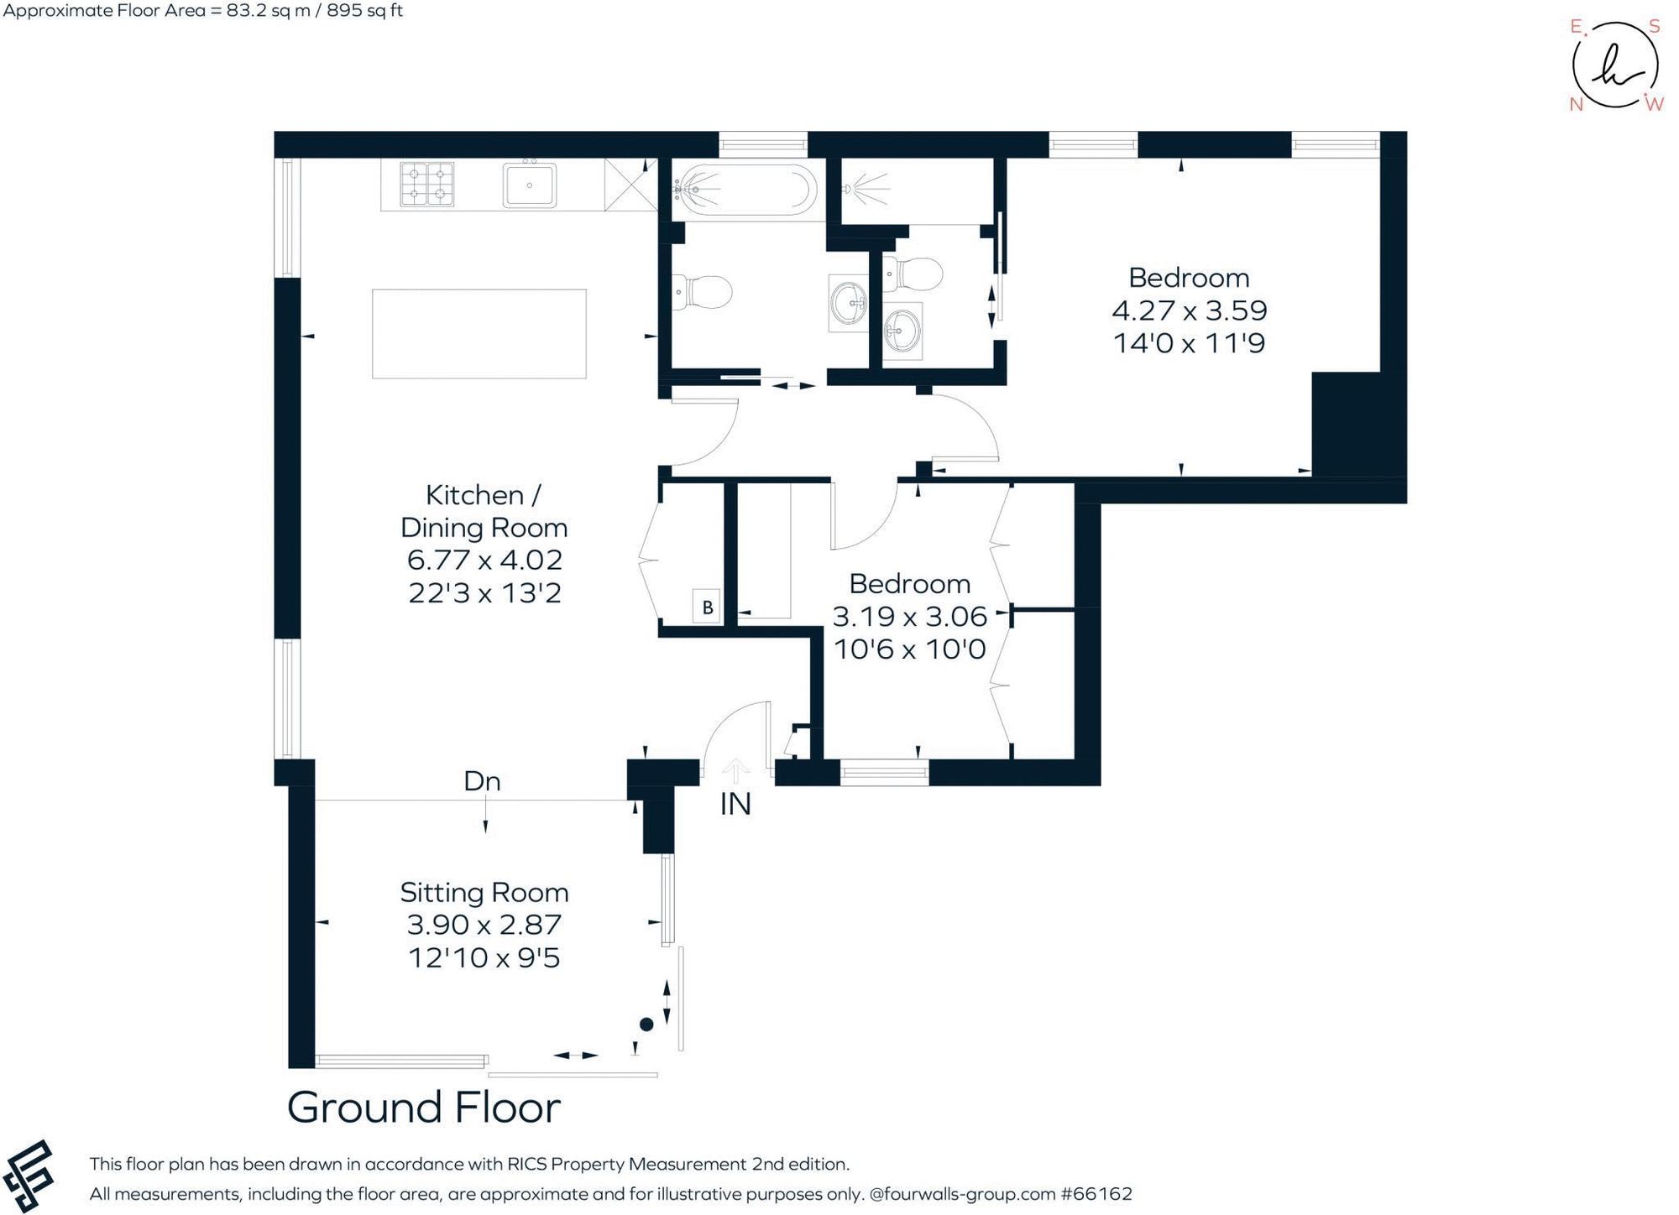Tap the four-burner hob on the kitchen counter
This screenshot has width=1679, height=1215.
tap(426, 185)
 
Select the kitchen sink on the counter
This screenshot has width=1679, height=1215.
tap(529, 185)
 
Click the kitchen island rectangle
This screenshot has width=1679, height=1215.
tap(479, 334)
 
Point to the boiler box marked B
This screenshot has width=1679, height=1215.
tap(707, 607)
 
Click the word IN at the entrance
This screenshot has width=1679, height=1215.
tap(735, 805)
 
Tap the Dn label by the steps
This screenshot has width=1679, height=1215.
tap(482, 782)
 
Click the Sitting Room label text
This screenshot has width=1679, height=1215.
tap(484, 892)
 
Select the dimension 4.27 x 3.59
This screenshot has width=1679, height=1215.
tap(1189, 310)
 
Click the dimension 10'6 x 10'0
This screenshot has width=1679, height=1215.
tap(909, 649)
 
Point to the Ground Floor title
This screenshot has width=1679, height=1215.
tap(423, 1108)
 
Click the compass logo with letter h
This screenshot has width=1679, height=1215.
tap(1614, 67)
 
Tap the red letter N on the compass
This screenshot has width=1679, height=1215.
tap(1576, 105)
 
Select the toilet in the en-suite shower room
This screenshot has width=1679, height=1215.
tap(915, 274)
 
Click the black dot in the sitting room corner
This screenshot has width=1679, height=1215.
tap(646, 1025)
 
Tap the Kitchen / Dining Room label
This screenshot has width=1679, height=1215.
tap(484, 511)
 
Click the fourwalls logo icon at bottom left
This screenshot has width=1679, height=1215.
tap(28, 1176)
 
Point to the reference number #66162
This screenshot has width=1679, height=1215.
tap(1096, 1194)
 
